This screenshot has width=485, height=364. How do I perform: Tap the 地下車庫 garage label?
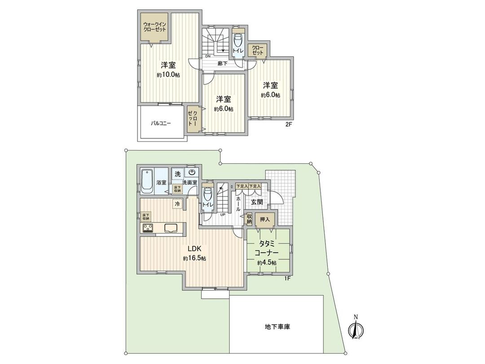click(x=277, y=327)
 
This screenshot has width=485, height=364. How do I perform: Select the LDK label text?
click(x=194, y=249)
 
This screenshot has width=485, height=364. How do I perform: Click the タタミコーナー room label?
click(x=267, y=249)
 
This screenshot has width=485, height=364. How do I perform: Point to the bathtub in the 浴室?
click(x=146, y=182)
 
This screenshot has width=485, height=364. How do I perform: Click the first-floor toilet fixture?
click(x=207, y=196)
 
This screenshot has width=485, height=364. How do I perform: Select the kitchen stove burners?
click(x=148, y=228)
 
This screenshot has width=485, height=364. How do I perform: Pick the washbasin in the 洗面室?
click(x=192, y=172)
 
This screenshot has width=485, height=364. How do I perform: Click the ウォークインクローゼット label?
click(x=154, y=27)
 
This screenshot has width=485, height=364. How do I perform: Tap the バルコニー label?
click(x=160, y=123)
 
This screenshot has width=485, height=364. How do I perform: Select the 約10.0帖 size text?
click(x=168, y=75)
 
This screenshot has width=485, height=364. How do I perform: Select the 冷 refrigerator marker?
click(x=178, y=204)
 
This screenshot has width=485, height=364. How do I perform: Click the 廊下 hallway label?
click(x=222, y=63)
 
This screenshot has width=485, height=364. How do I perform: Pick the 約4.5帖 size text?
click(x=267, y=262)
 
